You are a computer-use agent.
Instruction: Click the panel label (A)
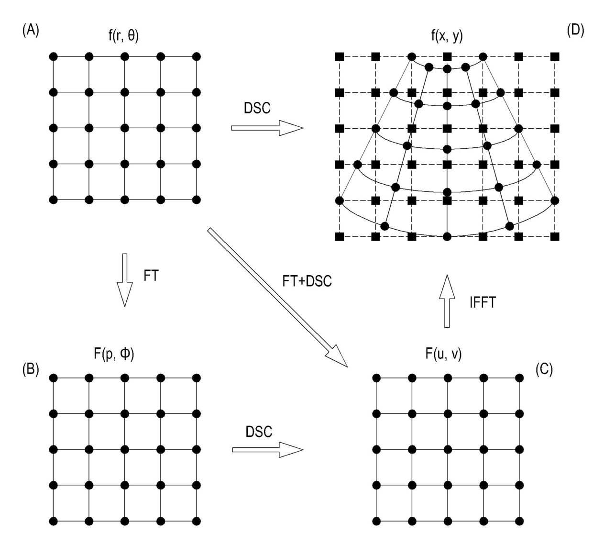click(31, 31)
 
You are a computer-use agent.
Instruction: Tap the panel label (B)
click(31, 369)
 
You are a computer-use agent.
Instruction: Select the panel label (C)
click(544, 369)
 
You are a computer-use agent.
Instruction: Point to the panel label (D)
click(576, 31)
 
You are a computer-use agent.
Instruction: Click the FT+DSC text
click(307, 281)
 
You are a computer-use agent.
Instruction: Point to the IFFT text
click(483, 303)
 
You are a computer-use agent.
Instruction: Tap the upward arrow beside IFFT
click(447, 301)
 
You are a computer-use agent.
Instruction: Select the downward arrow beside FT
click(125, 280)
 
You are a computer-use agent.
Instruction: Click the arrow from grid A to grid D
click(267, 128)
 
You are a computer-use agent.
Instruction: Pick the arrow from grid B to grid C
click(268, 450)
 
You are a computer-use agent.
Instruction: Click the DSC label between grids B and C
click(259, 432)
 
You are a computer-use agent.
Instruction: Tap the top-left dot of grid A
click(53, 56)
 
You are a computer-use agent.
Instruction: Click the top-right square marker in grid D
click(555, 56)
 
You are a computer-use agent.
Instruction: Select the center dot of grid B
click(125, 450)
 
